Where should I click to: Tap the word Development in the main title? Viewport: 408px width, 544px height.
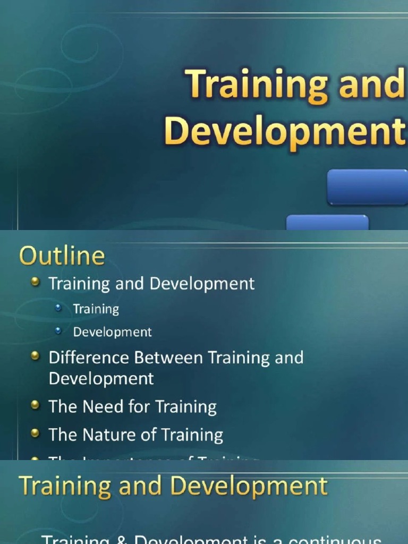[285, 131]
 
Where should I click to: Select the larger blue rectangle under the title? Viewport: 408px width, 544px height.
[367, 187]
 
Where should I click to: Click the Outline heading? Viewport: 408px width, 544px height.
[62, 256]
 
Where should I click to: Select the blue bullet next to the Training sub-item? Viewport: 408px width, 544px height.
[58, 308]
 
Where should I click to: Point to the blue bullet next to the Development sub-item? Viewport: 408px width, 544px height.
[58, 331]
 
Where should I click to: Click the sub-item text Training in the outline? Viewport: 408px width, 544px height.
[96, 309]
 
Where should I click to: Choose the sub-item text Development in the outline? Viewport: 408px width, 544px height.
[113, 332]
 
